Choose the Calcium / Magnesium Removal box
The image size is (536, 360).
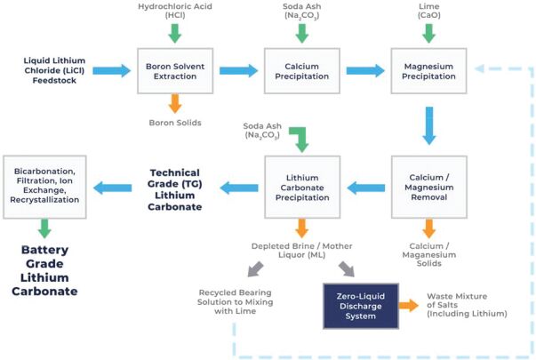tap(428, 187)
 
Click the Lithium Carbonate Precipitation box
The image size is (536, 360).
tap(301, 187)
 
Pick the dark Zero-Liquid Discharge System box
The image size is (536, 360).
tap(360, 304)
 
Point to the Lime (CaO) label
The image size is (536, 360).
tap(428, 12)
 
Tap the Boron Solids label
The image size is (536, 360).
tap(174, 124)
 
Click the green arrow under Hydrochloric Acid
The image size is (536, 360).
tap(174, 31)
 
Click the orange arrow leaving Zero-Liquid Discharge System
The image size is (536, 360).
tap(408, 304)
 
